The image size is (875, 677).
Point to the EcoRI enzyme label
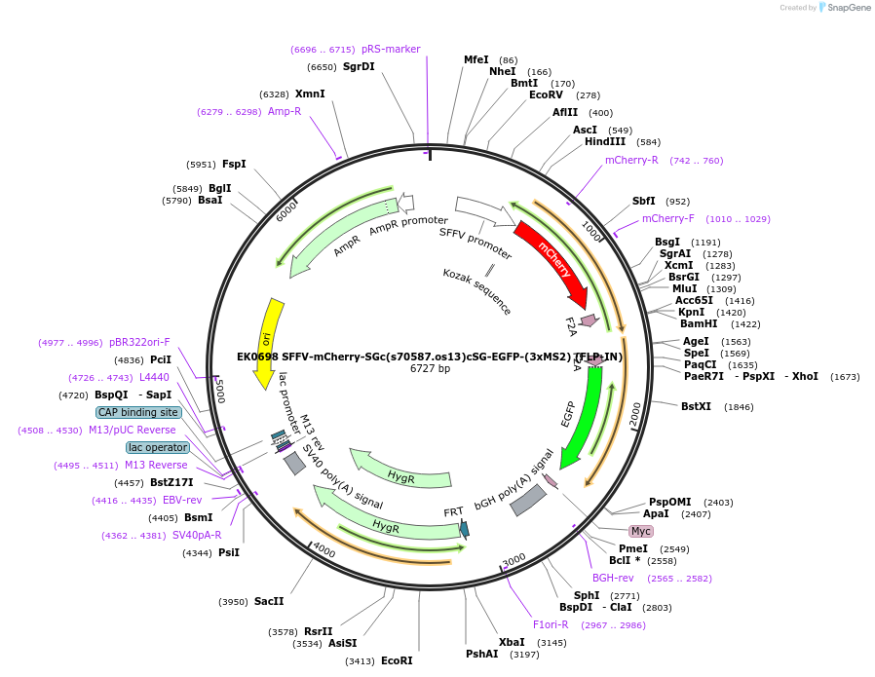tap(397, 660)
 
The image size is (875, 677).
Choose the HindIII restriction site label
tap(605, 142)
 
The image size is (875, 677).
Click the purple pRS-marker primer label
tap(391, 49)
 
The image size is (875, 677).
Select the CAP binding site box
tap(137, 412)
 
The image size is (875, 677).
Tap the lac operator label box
tap(158, 447)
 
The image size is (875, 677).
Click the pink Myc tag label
tap(640, 531)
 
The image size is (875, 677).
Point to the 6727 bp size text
tap(430, 368)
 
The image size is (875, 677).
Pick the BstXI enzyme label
tap(696, 406)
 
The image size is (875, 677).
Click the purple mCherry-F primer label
tap(668, 218)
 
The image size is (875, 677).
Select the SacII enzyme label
tap(269, 602)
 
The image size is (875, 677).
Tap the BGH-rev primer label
tap(613, 578)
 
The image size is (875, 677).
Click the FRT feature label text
tap(454, 511)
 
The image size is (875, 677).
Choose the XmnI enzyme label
tap(310, 94)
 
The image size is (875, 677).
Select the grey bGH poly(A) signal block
tap(528, 500)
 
